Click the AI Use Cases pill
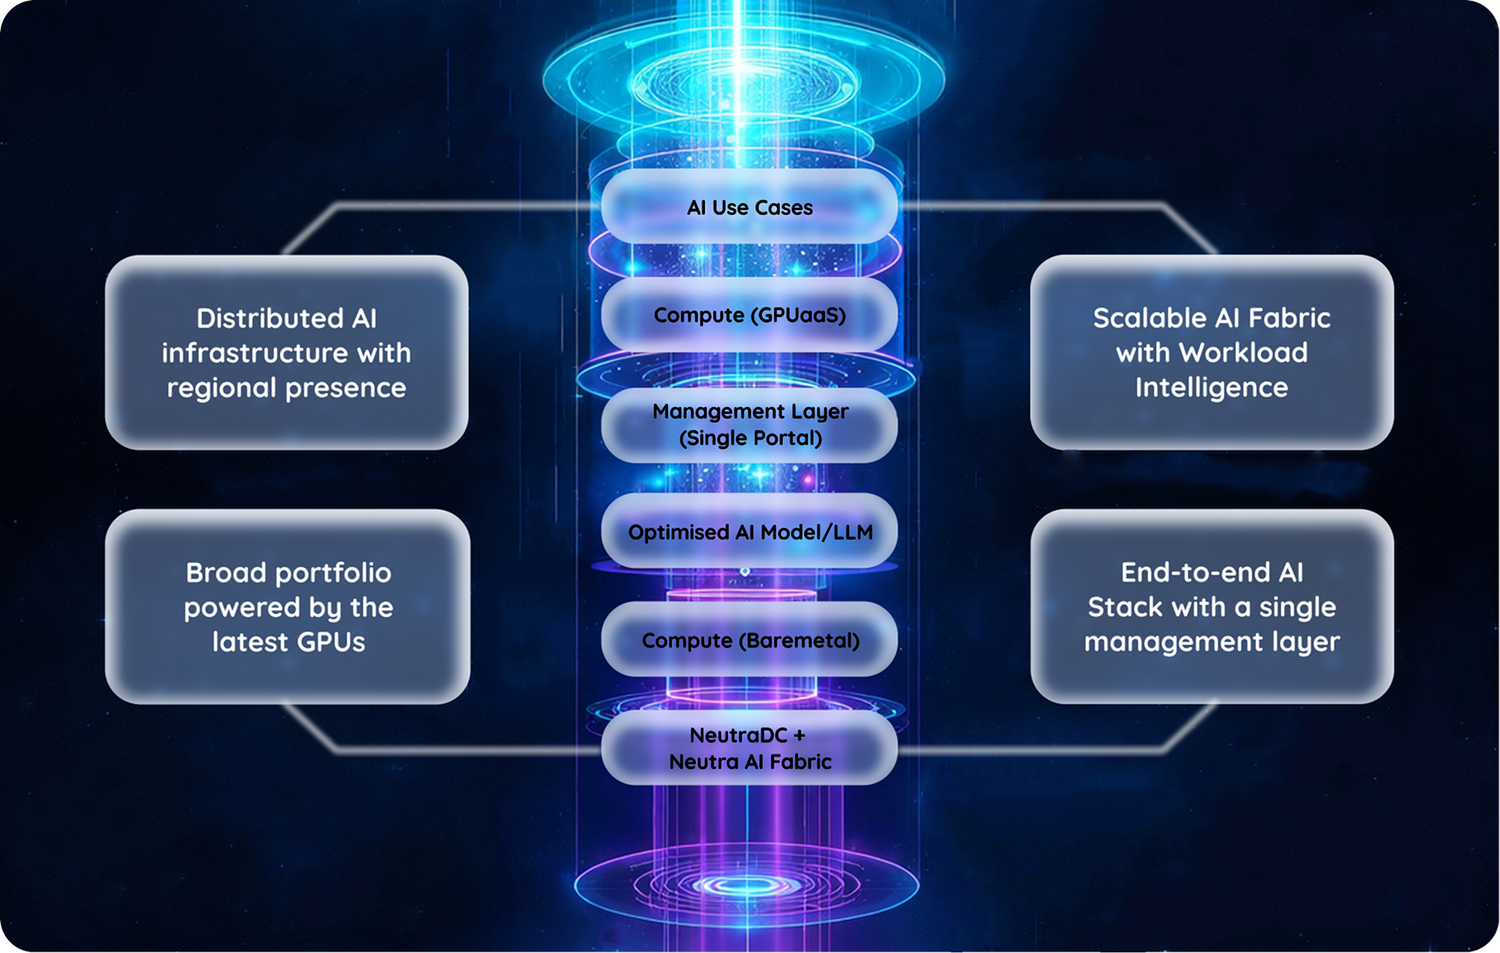tap(749, 207)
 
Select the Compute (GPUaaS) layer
tap(749, 315)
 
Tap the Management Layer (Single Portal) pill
tap(749, 424)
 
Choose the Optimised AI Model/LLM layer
tap(749, 532)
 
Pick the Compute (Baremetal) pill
tap(749, 640)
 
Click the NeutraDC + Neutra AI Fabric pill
tap(749, 748)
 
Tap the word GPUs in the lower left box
tap(332, 641)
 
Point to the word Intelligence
tap(1211, 387)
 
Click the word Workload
tap(1243, 353)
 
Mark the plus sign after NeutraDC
tap(799, 735)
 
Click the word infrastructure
tap(254, 353)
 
